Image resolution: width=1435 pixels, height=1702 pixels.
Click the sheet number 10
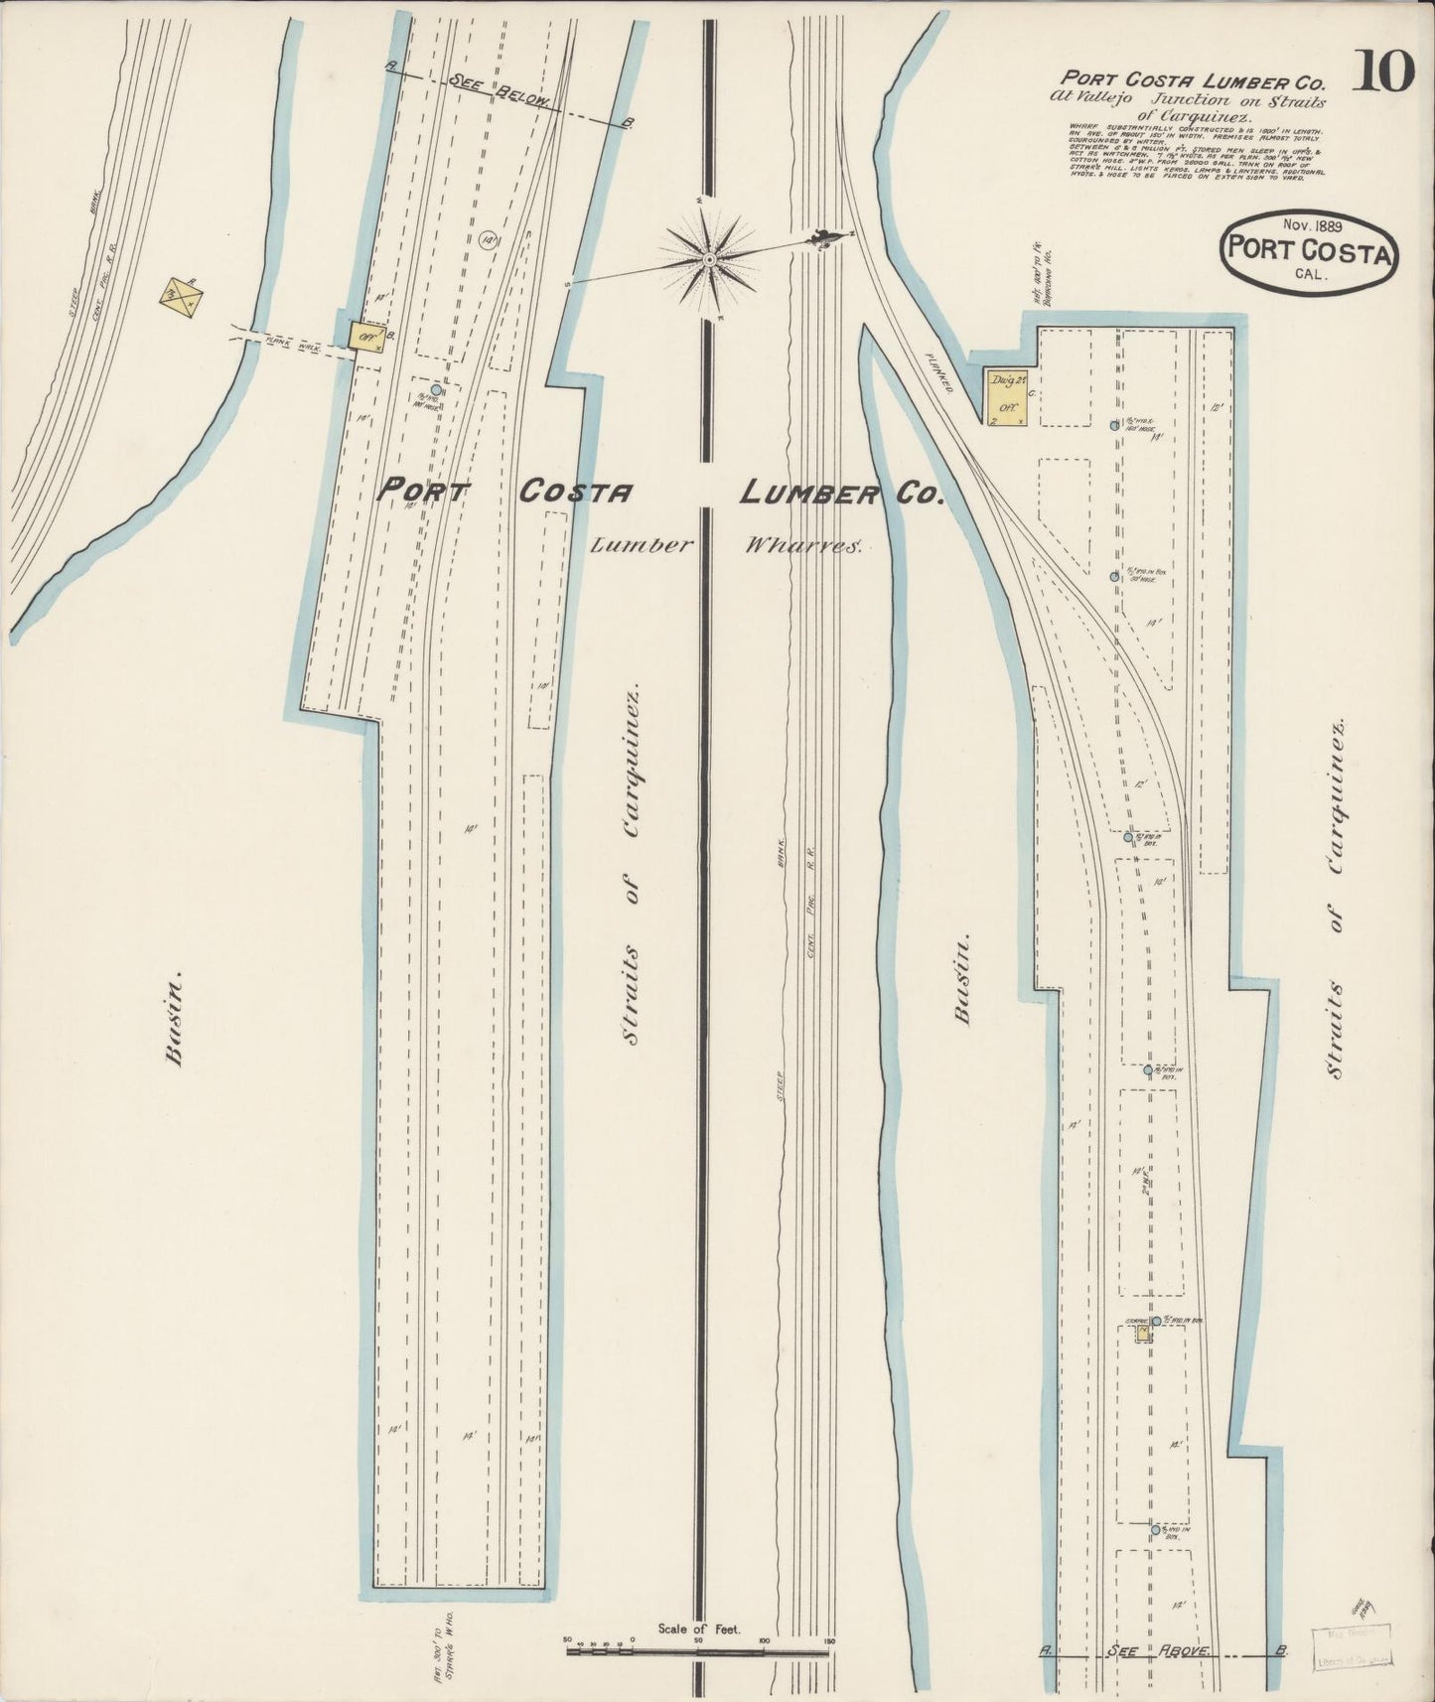pyautogui.click(x=1382, y=71)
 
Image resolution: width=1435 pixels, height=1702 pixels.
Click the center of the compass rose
pyautogui.click(x=710, y=259)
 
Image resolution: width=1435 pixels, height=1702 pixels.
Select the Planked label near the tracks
pyautogui.click(x=937, y=371)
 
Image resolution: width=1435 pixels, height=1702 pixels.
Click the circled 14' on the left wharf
pyautogui.click(x=487, y=240)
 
